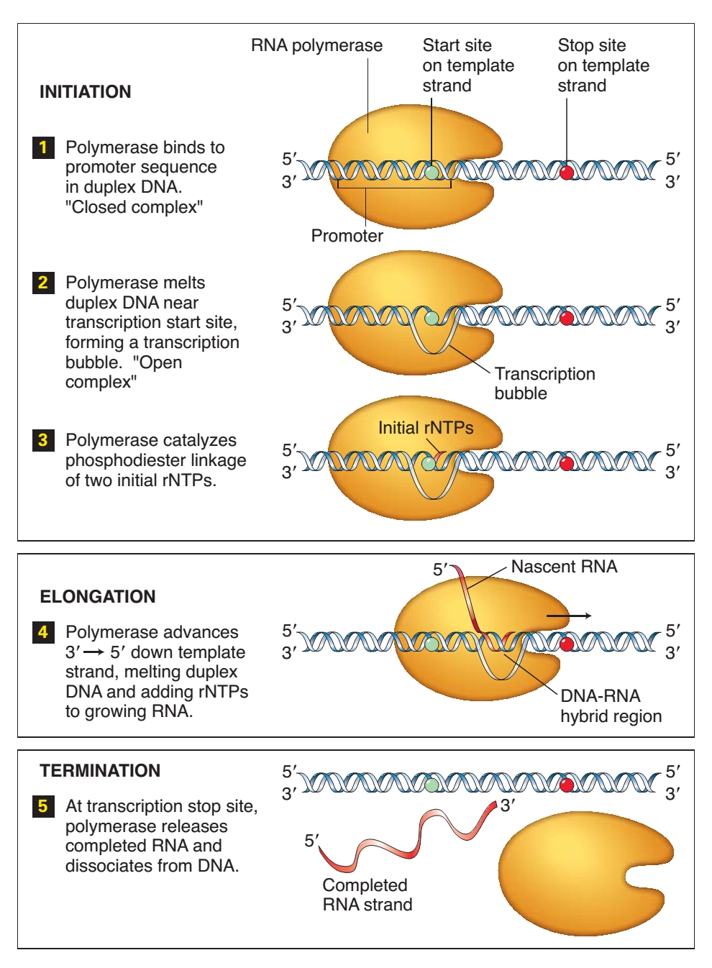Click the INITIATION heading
tap(85, 92)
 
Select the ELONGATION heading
tap(98, 597)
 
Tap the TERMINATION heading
tap(100, 771)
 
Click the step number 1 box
tap(43, 147)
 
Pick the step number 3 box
tap(43, 440)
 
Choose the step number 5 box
tap(43, 806)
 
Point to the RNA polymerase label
tap(316, 46)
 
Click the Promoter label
tap(347, 236)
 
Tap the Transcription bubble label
tap(544, 383)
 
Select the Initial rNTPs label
tap(426, 428)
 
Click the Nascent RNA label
tap(564, 567)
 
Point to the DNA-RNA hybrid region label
tap(611, 706)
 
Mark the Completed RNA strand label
tap(367, 895)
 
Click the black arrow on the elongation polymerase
tap(569, 616)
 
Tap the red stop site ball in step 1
tap(567, 172)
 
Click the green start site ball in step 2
tap(431, 317)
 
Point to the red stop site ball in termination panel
tap(567, 784)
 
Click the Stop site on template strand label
tap(603, 65)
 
